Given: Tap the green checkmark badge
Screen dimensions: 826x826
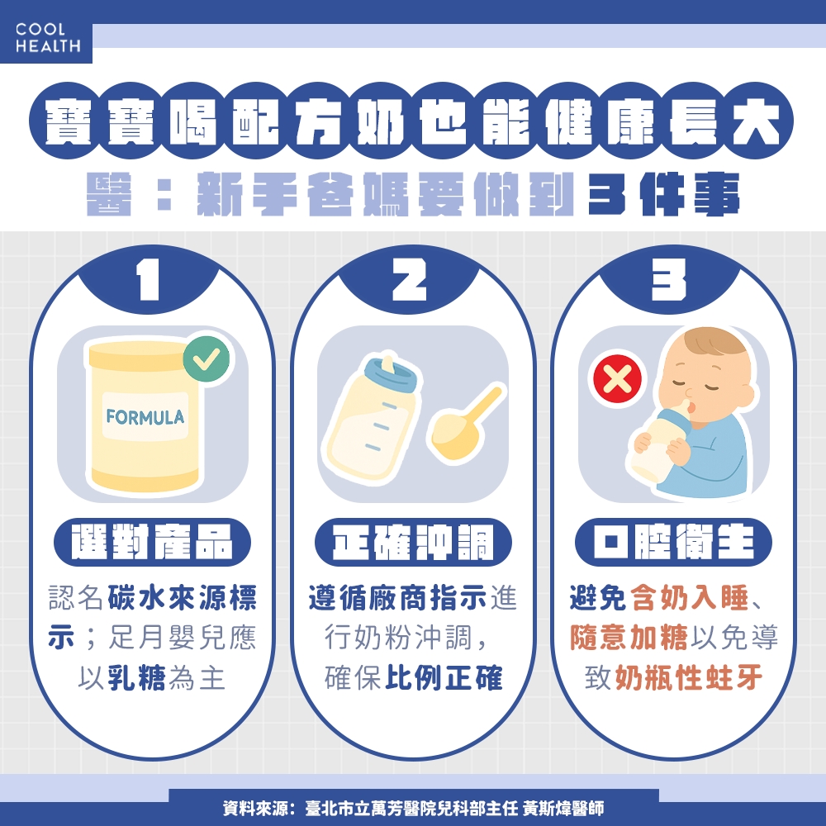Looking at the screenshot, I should click(x=206, y=358).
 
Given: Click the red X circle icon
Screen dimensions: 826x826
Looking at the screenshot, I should click(x=618, y=379).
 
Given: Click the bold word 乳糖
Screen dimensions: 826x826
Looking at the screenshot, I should click(x=137, y=679).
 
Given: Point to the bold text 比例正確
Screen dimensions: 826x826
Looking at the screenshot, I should click(x=444, y=679).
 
